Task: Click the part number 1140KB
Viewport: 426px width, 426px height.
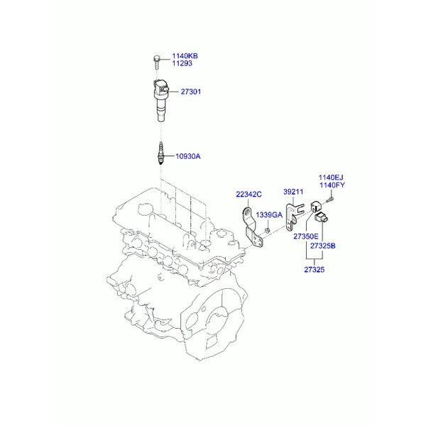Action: tap(185, 56)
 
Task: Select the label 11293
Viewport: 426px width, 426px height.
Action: tap(182, 63)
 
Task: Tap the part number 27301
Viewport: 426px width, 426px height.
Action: tap(191, 92)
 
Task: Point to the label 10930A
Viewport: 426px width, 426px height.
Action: tap(187, 156)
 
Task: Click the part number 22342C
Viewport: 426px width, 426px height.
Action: tap(248, 195)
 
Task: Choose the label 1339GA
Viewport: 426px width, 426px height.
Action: tap(269, 215)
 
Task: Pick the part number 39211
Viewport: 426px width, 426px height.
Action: tap(293, 192)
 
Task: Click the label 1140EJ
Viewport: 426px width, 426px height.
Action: tap(331, 177)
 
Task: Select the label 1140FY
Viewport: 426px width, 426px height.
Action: tap(332, 185)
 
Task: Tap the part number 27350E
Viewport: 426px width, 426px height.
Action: tap(305, 236)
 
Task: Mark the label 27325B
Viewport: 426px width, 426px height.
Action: tap(323, 246)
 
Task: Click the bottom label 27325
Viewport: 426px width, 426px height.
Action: tap(315, 270)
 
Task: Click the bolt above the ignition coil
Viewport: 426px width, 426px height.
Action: tap(156, 62)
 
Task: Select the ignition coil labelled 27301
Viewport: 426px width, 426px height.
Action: tap(161, 100)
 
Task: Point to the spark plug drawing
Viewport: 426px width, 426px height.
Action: tap(161, 153)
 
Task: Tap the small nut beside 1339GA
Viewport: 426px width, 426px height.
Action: tap(267, 231)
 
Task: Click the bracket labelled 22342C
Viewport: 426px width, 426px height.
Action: tap(252, 228)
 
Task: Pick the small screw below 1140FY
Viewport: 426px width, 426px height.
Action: tap(330, 200)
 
